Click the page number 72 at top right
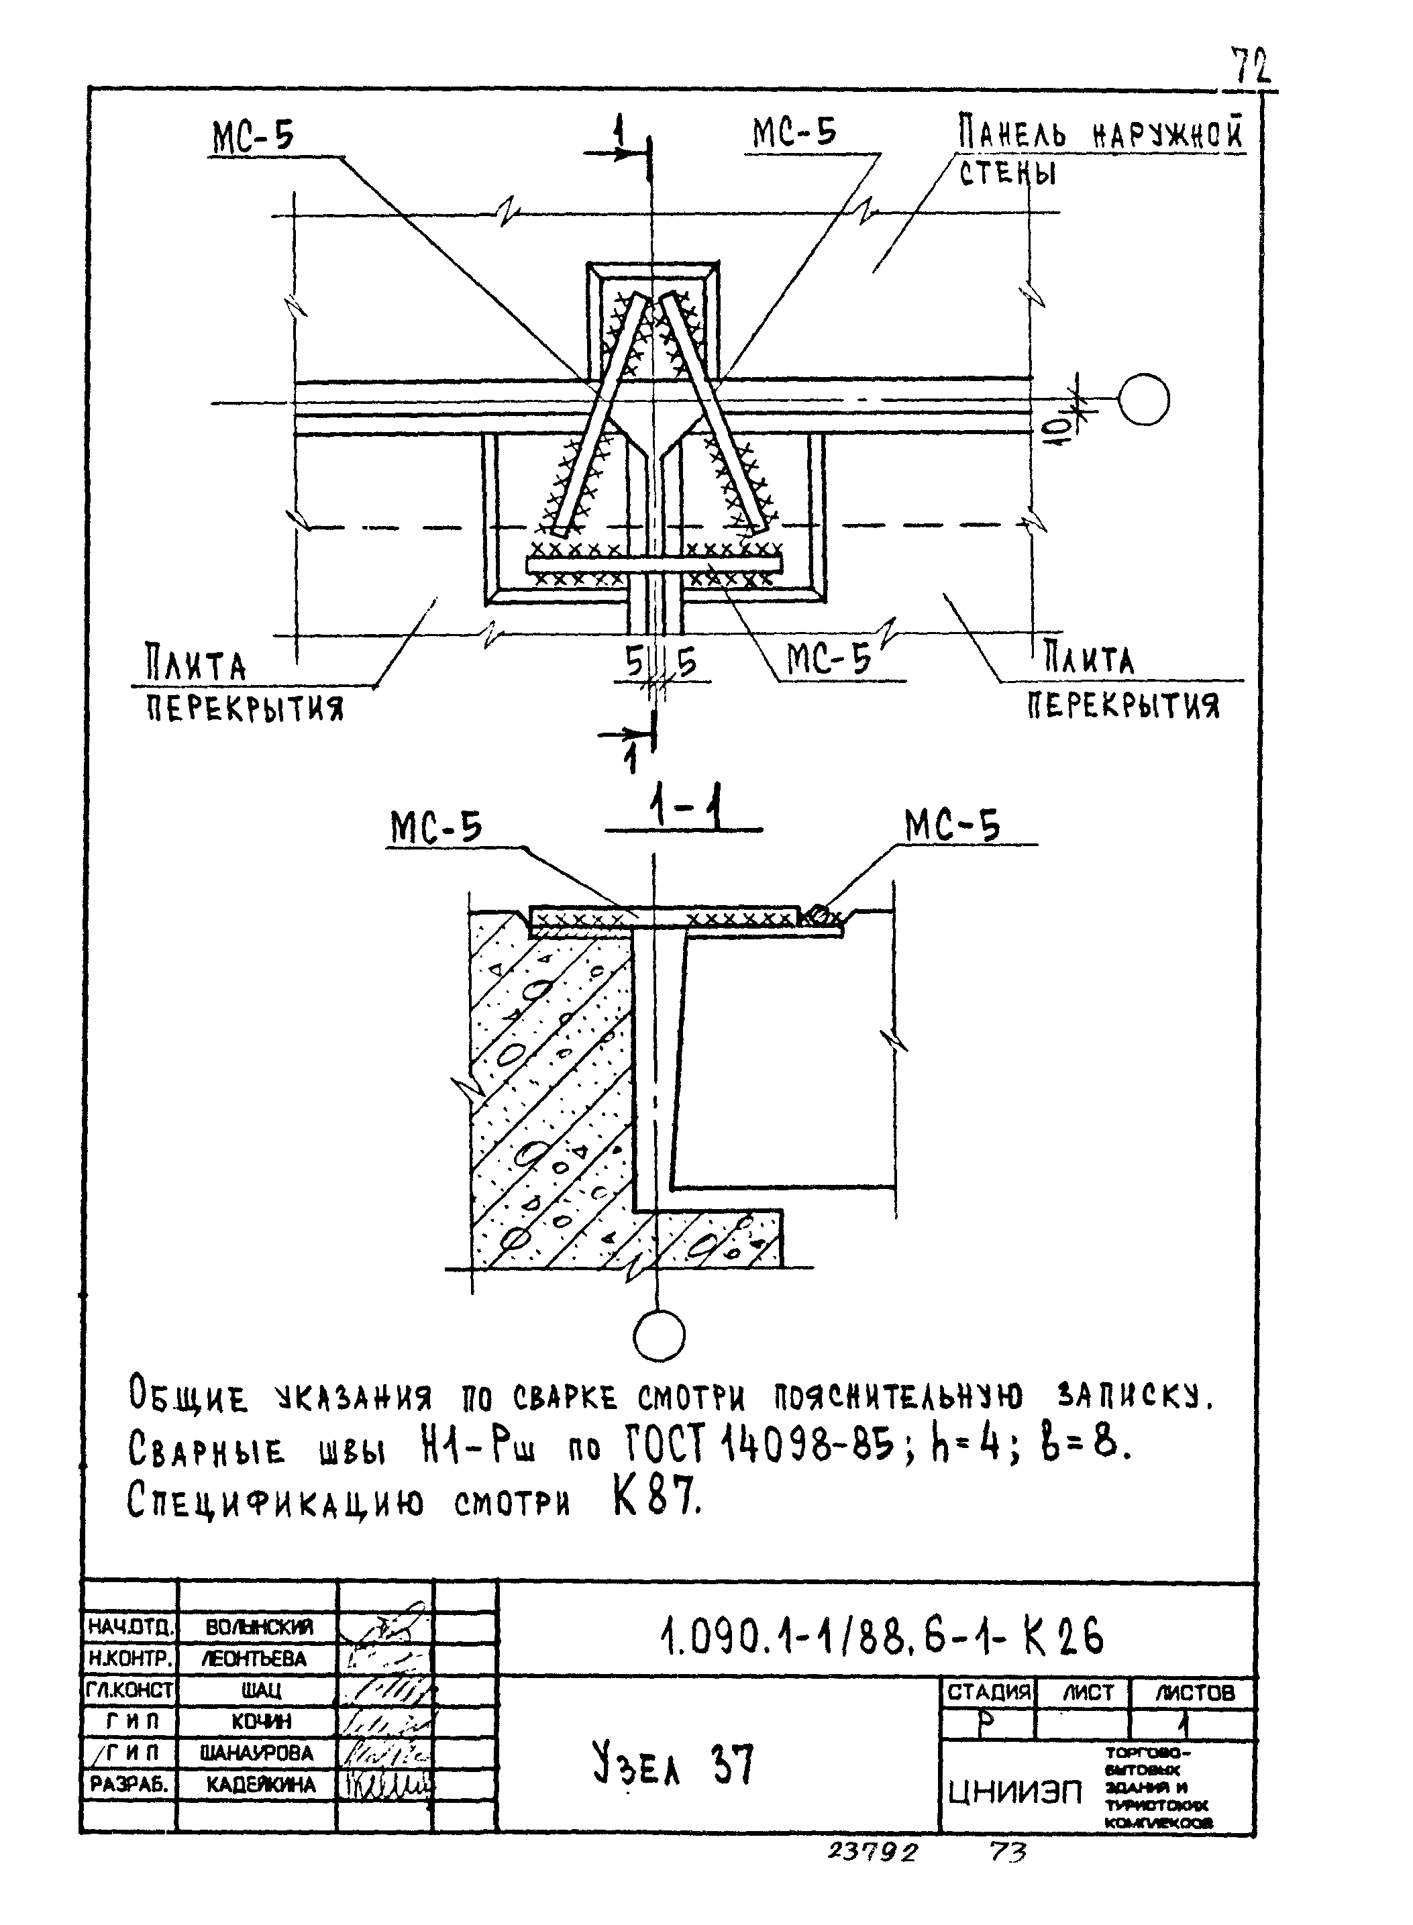tap(1251, 66)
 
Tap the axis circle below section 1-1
tap(659, 1335)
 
